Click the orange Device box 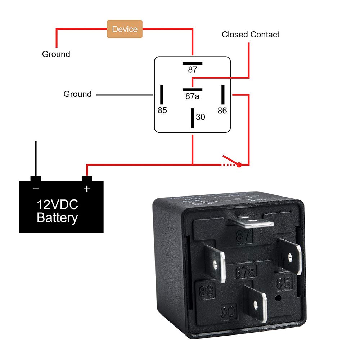click(x=125, y=29)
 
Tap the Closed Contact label click(x=250, y=35)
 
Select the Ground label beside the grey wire click(x=77, y=94)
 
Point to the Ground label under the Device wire click(x=56, y=54)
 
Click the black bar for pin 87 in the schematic click(x=192, y=63)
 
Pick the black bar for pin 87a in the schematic click(x=192, y=89)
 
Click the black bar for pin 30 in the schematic click(x=193, y=118)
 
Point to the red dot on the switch click(x=238, y=165)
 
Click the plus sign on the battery click(x=86, y=189)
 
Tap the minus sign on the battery click(x=36, y=189)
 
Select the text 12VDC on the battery click(x=57, y=205)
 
